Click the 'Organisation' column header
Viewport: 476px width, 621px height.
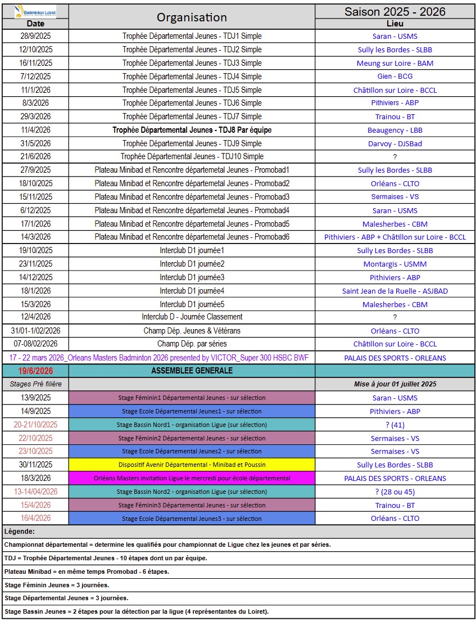192,17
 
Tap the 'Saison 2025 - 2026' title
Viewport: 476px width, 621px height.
395,12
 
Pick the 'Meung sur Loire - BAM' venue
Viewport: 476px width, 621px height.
395,63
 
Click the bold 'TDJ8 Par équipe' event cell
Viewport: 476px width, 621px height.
192,130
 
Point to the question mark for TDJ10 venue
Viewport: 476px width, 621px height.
395,157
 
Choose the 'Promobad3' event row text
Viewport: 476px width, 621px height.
192,197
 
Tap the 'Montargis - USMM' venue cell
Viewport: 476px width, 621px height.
395,264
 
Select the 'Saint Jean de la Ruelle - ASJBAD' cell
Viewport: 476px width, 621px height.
395,291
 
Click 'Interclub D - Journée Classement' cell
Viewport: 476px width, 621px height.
192,317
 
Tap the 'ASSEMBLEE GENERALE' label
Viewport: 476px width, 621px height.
192,371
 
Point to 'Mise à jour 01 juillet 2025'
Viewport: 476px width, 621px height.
395,385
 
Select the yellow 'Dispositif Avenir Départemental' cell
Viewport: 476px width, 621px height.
192,465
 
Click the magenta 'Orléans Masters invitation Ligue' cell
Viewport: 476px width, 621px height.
192,478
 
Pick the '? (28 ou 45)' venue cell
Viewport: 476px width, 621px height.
395,492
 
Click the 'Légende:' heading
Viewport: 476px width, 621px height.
20,531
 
